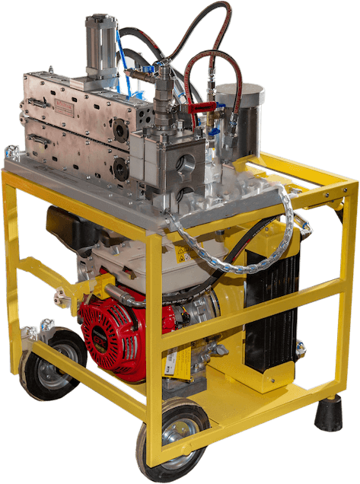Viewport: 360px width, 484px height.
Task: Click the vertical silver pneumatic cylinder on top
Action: [x=100, y=42]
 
